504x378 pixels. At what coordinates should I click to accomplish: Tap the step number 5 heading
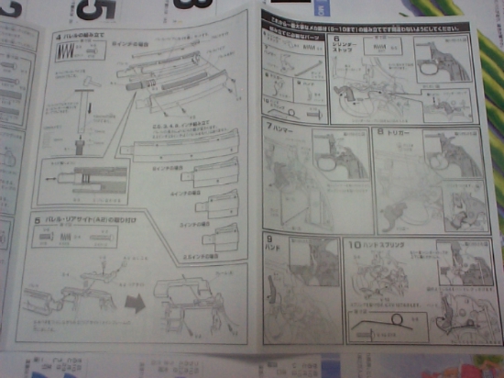(x=37, y=220)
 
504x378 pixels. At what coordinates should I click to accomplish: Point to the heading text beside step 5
(x=87, y=221)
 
